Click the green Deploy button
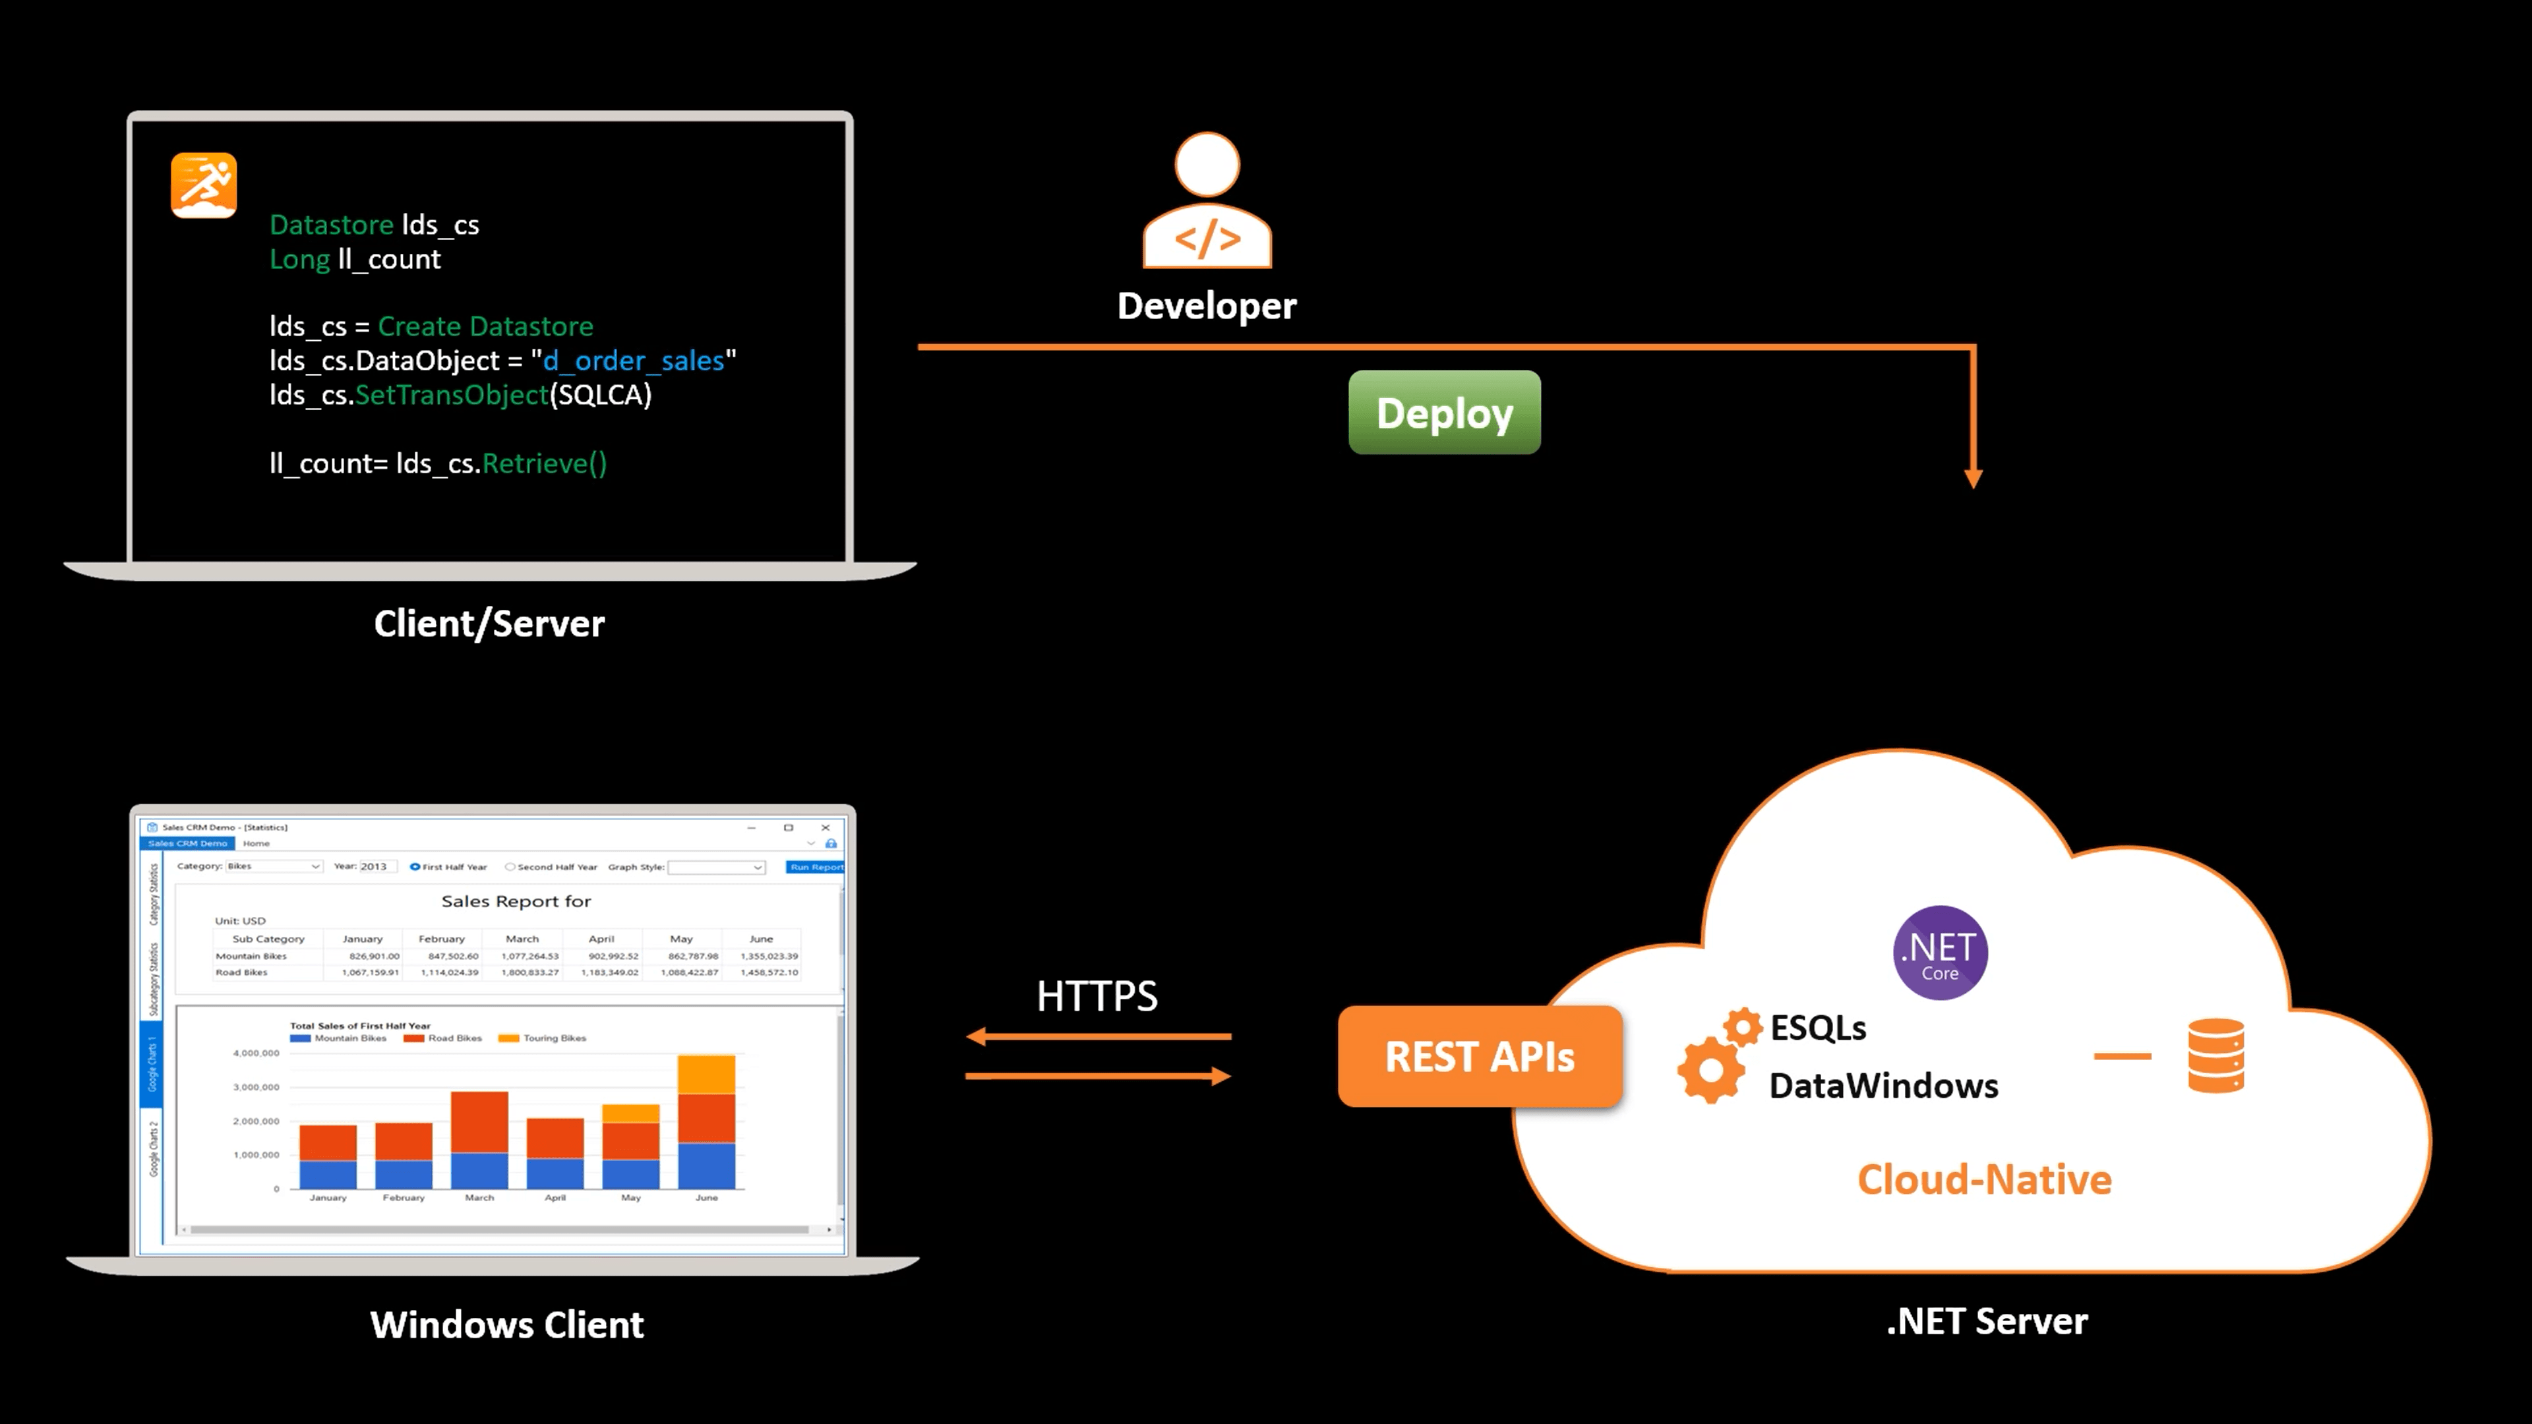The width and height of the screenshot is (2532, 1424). (1444, 413)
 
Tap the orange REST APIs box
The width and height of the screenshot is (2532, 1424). (1479, 1056)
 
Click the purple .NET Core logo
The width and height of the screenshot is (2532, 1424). (1939, 952)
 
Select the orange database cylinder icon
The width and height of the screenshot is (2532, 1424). (2215, 1056)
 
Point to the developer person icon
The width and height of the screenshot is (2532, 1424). (1207, 202)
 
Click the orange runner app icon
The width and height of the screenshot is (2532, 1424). (204, 185)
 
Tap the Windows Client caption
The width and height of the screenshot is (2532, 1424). (506, 1324)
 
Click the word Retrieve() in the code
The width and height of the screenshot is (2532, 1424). (545, 464)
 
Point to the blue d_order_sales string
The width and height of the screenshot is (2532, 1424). (633, 361)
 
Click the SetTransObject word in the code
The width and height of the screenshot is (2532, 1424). (451, 395)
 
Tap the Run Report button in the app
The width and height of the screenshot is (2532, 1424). (815, 867)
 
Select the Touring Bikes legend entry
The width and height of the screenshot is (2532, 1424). (543, 1038)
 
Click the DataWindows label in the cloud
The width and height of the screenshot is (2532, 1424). (1883, 1086)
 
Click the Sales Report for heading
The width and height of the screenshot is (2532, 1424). (516, 901)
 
